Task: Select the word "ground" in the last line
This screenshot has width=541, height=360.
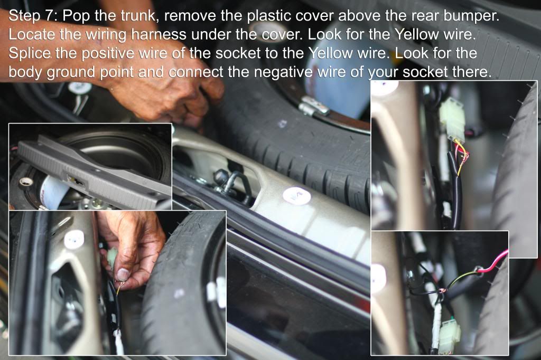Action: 71,73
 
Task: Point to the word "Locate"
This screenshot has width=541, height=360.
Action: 31,34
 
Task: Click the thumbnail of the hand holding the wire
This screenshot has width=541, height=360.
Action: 117,283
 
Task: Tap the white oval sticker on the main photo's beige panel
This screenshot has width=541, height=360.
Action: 296,196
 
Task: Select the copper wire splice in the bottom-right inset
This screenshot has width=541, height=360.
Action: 440,293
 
